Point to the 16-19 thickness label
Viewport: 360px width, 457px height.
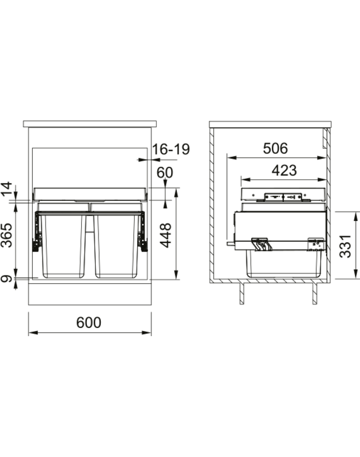[170, 150]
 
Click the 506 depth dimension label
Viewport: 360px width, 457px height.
[275, 148]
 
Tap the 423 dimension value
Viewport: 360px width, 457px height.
[283, 170]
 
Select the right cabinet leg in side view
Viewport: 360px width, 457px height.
[314, 293]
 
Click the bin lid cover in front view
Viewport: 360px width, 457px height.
[91, 192]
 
